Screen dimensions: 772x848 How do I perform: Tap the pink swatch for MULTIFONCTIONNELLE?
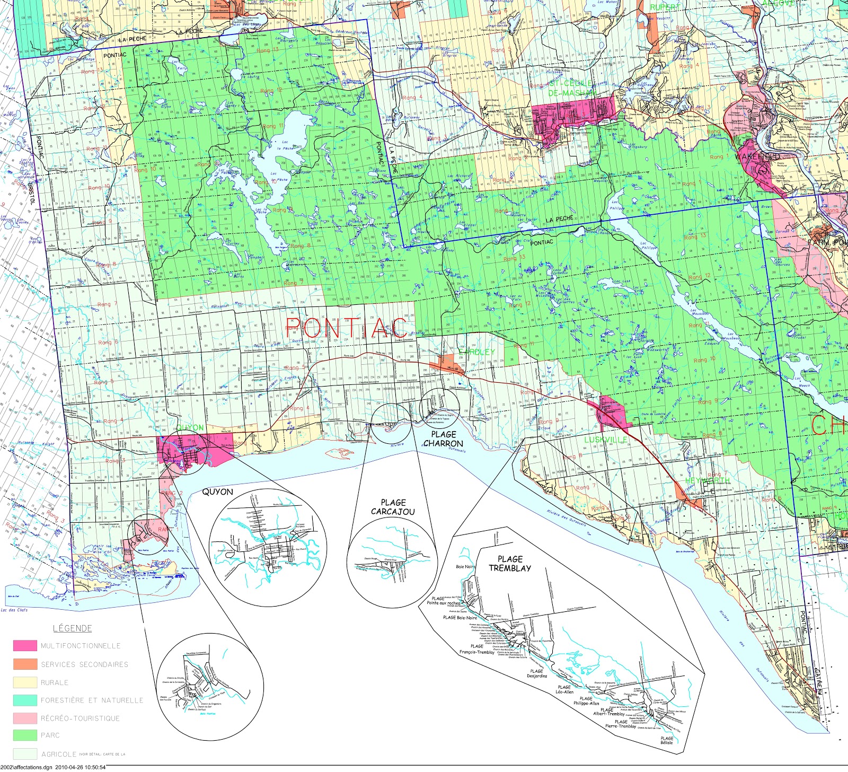(25, 646)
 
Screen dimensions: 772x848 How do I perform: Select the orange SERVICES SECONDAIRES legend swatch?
(25, 664)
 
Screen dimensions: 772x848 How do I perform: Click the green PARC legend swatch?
(25, 735)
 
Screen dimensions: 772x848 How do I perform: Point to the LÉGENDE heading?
(73, 628)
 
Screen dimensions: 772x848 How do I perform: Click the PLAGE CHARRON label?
(443, 439)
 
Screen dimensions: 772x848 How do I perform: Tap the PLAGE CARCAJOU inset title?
(393, 507)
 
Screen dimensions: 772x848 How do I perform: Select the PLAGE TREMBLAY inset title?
(510, 564)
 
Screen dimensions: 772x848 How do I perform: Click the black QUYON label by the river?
(217, 492)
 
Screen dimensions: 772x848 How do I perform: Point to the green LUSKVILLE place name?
(606, 440)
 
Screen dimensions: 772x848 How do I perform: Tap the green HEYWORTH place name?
(707, 480)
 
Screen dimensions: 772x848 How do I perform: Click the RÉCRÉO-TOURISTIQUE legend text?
(80, 718)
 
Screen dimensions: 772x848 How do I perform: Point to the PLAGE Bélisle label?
(667, 740)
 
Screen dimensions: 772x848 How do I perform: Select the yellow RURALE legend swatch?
(25, 682)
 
